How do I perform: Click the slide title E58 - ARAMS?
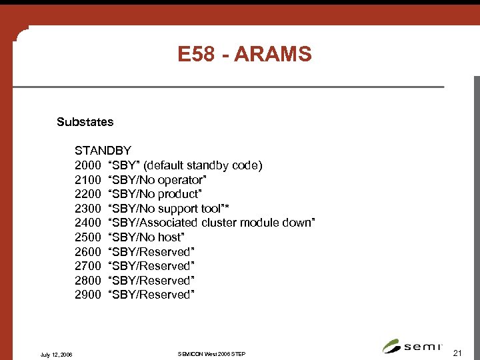coord(245,54)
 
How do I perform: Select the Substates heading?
coord(85,122)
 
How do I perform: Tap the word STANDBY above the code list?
coord(103,151)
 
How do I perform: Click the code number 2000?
coord(87,165)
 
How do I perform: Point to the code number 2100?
coord(87,180)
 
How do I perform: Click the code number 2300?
coord(87,209)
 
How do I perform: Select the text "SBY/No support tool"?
coord(166,209)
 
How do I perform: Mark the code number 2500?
coord(87,237)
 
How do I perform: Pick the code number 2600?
coord(87,252)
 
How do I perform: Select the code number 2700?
coord(87,266)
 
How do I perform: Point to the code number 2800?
coord(87,281)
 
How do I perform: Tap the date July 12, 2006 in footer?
coord(57,353)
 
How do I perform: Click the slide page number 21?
coord(457,351)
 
